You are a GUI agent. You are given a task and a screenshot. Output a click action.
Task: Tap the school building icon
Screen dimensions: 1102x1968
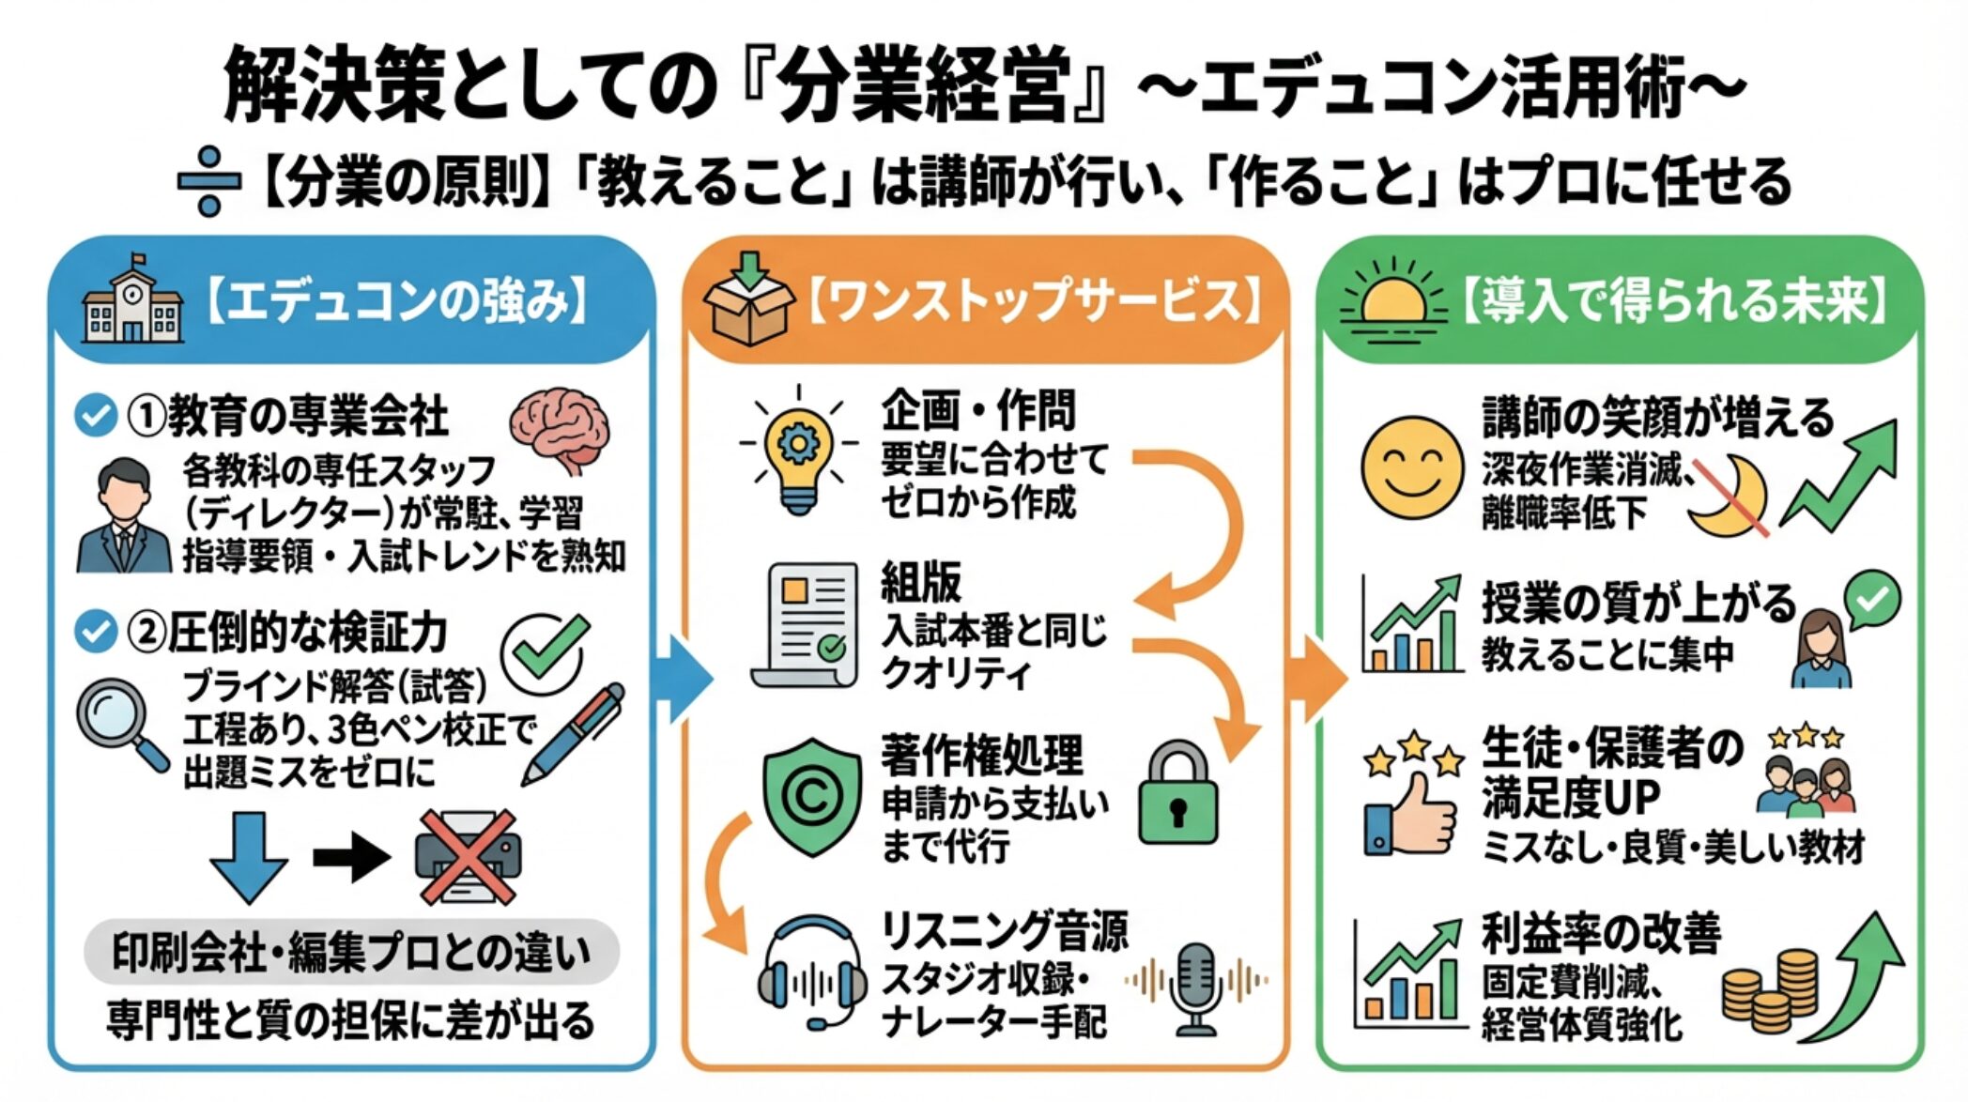coord(131,300)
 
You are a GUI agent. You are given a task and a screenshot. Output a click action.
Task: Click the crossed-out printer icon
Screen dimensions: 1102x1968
coord(468,857)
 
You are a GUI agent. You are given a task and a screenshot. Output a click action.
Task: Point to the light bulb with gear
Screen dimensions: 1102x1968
coord(798,450)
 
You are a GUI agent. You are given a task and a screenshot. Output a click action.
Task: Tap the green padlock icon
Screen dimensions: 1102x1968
coord(1177,795)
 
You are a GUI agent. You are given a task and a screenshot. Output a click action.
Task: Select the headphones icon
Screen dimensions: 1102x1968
coord(812,976)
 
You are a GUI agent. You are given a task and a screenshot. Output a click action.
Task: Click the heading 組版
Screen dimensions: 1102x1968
coord(921,583)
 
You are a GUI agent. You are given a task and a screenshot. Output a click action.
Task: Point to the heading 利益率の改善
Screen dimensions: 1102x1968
coord(1602,933)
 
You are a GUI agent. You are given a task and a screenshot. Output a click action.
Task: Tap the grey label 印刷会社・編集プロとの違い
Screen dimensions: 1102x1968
coord(351,953)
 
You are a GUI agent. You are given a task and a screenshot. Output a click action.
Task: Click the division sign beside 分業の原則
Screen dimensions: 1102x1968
coord(209,180)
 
